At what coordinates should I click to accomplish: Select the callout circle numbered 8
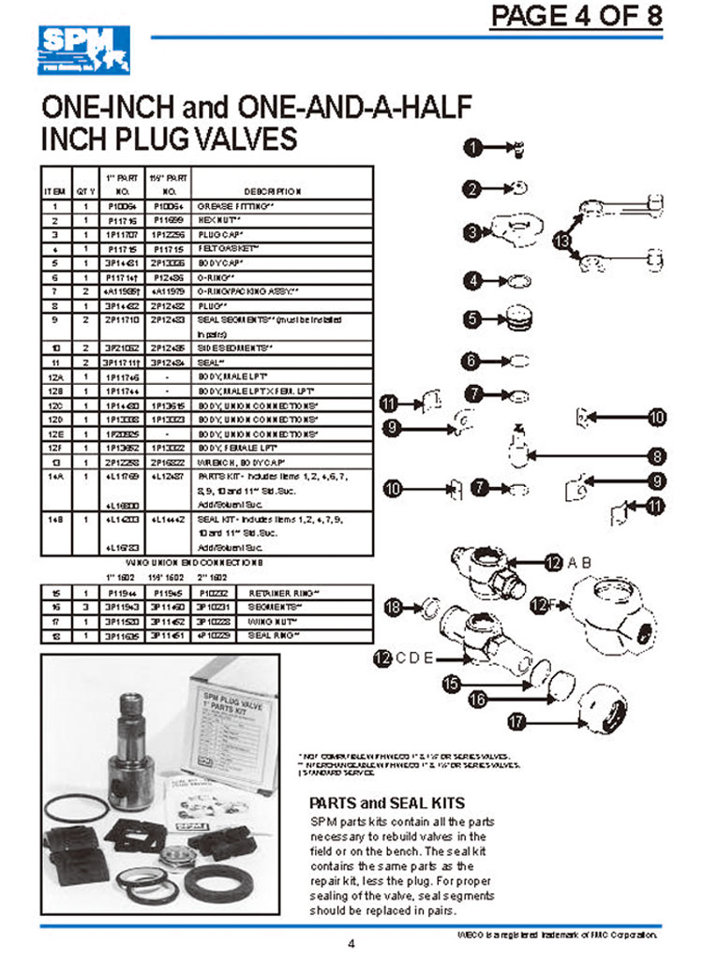click(x=660, y=456)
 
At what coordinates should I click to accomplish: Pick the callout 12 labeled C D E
click(x=381, y=658)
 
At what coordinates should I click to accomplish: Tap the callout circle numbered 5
click(x=475, y=319)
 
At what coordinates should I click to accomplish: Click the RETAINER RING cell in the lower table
click(x=273, y=593)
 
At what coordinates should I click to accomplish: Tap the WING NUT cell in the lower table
click(x=267, y=620)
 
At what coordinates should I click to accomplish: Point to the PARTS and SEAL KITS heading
click(x=386, y=803)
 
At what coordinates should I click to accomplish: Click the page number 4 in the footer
click(x=351, y=943)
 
